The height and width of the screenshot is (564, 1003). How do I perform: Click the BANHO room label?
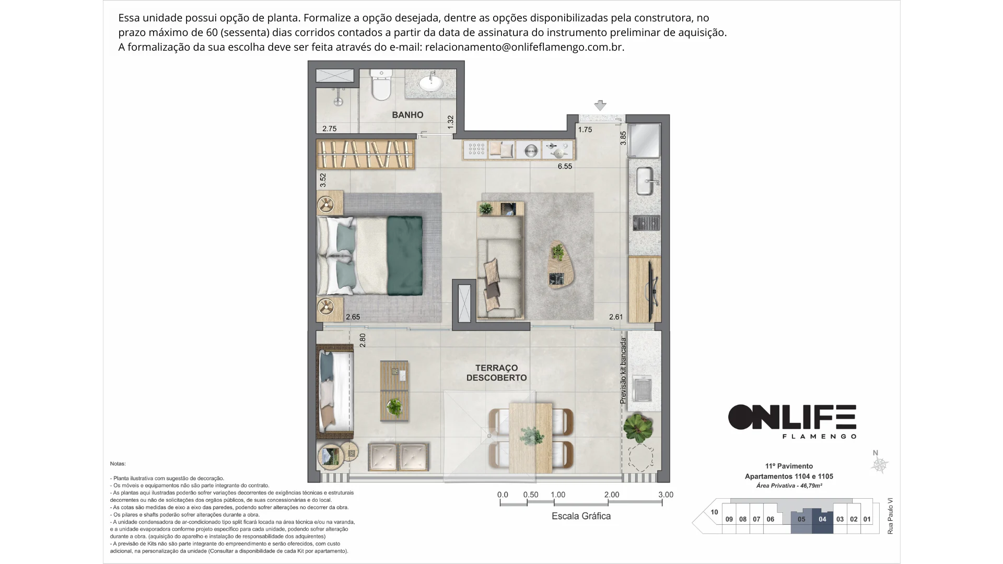(x=407, y=115)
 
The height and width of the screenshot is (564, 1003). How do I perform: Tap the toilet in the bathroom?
(x=380, y=85)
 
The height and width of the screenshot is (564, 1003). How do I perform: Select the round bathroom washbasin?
(x=431, y=83)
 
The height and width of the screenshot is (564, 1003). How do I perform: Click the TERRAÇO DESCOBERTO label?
(x=496, y=373)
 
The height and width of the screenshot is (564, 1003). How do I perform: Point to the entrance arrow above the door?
(x=600, y=105)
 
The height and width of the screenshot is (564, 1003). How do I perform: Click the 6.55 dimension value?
(x=565, y=167)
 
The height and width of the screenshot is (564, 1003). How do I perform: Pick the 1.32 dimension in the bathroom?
(x=451, y=123)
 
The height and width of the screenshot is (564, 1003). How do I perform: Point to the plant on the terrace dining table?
(x=531, y=436)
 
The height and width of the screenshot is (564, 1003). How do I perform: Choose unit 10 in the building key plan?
(x=714, y=512)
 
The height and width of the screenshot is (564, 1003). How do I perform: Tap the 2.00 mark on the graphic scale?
(x=611, y=495)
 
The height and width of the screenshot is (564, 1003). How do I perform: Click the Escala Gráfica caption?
(x=581, y=516)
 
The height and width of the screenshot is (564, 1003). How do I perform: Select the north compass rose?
(x=880, y=464)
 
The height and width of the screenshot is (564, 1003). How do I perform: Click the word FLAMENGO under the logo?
(x=819, y=436)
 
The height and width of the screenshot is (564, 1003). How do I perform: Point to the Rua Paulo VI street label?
(x=890, y=515)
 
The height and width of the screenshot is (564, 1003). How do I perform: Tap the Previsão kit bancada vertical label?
(x=623, y=371)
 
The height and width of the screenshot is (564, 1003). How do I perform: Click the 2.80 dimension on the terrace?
(x=363, y=340)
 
